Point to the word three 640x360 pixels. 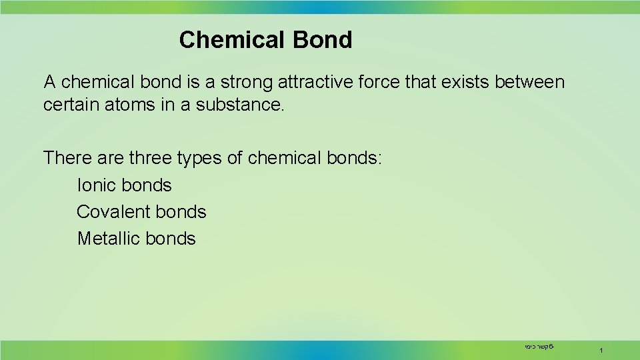(151, 159)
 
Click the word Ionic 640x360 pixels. (98, 185)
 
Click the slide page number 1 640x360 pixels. (601, 350)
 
